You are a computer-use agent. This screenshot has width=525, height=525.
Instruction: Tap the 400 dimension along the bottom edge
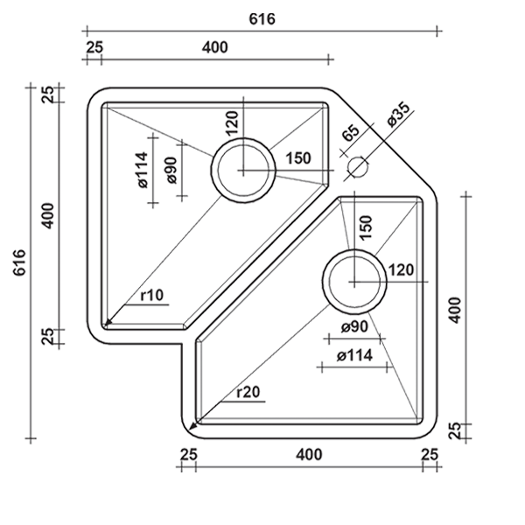coord(307,455)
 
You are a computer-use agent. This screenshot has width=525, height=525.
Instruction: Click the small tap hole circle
coord(356,165)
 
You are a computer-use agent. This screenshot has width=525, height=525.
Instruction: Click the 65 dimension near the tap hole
coord(350,135)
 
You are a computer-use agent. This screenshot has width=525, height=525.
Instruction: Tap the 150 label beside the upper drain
coord(298,158)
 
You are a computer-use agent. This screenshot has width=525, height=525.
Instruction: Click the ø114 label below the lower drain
coord(353,356)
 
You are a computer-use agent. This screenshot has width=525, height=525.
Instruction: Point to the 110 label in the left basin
coord(150,297)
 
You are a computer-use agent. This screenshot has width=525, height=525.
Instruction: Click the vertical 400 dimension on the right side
coord(454,312)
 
